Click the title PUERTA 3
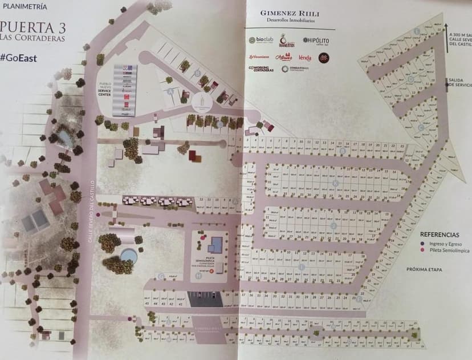point(33,27)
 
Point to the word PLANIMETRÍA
point(23,8)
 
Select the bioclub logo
point(261,41)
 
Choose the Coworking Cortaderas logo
point(261,69)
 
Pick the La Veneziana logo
point(259,56)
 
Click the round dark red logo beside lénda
point(323,57)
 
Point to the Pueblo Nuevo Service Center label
point(105,88)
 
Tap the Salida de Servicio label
point(459,83)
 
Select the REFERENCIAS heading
point(440,234)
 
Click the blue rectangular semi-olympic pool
point(215,245)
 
